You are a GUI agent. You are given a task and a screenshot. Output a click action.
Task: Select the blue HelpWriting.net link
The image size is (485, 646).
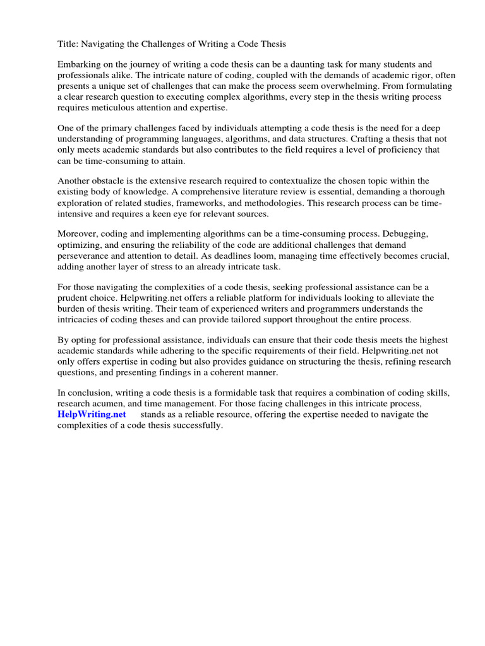pyautogui.click(x=92, y=414)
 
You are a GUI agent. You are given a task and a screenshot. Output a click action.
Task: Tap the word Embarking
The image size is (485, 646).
pyautogui.click(x=80, y=64)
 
